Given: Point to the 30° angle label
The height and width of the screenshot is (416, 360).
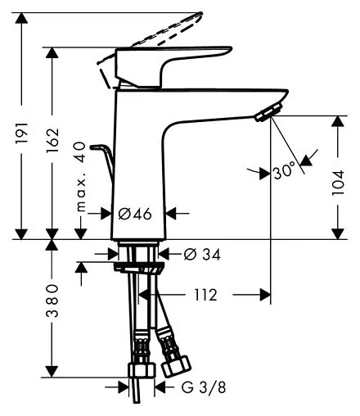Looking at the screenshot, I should (284, 172).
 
